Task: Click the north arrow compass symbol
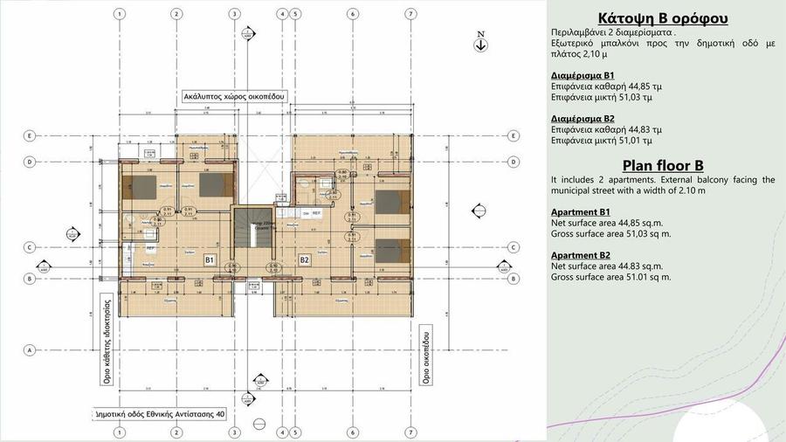[x=480, y=42]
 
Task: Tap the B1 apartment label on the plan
[x=210, y=259]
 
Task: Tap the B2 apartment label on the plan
[x=305, y=259]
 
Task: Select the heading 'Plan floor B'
[x=664, y=165]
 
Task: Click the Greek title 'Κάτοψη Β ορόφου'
[x=664, y=18]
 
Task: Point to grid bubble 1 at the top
[x=119, y=14]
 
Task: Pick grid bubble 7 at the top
[x=410, y=14]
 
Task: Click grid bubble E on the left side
[x=31, y=135]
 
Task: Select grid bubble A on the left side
[x=31, y=349]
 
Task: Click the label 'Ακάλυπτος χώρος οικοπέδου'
[x=234, y=95]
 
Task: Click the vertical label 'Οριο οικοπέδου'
[x=427, y=358]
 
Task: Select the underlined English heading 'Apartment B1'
[x=581, y=212]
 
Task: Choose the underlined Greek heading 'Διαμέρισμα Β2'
[x=583, y=117]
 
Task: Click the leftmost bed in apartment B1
[x=142, y=185]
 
